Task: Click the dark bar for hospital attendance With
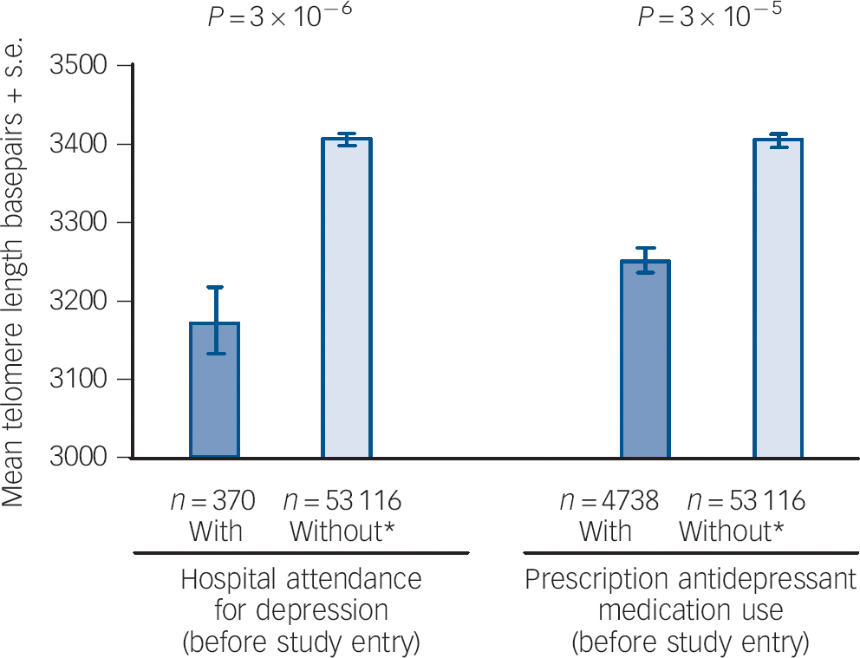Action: pos(214,390)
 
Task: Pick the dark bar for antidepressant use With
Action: pos(645,359)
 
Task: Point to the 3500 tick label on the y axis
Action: pos(85,66)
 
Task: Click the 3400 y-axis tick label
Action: pos(85,144)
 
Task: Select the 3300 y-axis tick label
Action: pos(85,223)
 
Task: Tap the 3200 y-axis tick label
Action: pos(85,302)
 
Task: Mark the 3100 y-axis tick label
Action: pos(85,380)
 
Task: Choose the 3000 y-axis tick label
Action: pos(85,458)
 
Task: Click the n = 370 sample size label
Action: pos(214,501)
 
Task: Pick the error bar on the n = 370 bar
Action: pos(214,320)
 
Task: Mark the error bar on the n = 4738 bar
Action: pos(645,259)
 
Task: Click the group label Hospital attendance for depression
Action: pos(301,610)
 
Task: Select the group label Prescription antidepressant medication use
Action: pos(690,610)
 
